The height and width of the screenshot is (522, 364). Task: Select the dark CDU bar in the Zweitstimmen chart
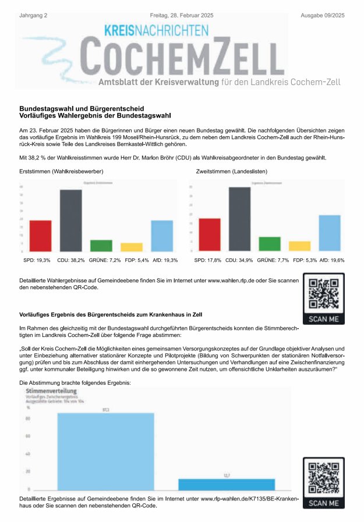click(239, 218)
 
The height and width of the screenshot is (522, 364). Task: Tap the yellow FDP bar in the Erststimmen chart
click(131, 247)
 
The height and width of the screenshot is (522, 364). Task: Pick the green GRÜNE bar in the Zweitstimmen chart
click(269, 244)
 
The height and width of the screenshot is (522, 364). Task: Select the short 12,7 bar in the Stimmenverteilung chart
click(227, 484)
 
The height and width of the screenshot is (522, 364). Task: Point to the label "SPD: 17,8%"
click(207, 260)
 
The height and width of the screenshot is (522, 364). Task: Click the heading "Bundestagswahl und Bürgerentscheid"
click(82, 108)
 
